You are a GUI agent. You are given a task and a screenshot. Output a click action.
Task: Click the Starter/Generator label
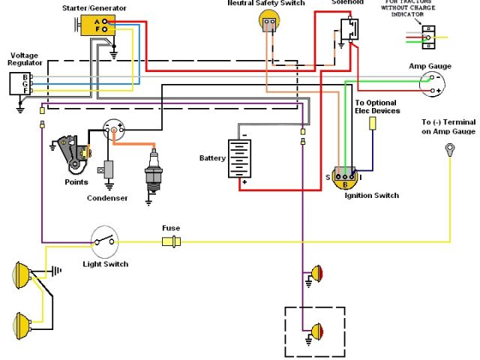click(x=94, y=7)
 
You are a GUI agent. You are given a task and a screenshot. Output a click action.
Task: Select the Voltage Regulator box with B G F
click(x=21, y=83)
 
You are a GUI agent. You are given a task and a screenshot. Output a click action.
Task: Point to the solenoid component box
click(x=349, y=28)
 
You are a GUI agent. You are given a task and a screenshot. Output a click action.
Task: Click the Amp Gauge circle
click(x=430, y=83)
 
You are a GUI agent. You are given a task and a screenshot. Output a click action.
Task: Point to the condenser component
click(x=110, y=170)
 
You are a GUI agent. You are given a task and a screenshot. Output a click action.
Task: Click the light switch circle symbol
click(x=103, y=241)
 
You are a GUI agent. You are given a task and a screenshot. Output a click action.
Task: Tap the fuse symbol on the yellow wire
click(x=171, y=241)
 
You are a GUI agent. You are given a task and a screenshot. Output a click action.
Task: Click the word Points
click(x=76, y=182)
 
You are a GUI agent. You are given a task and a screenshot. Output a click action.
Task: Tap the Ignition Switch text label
click(x=372, y=196)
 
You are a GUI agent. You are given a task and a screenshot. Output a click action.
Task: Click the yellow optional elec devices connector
click(x=370, y=123)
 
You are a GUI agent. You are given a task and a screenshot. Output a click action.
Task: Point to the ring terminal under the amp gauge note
click(x=451, y=148)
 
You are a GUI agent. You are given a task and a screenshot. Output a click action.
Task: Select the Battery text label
click(x=211, y=159)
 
